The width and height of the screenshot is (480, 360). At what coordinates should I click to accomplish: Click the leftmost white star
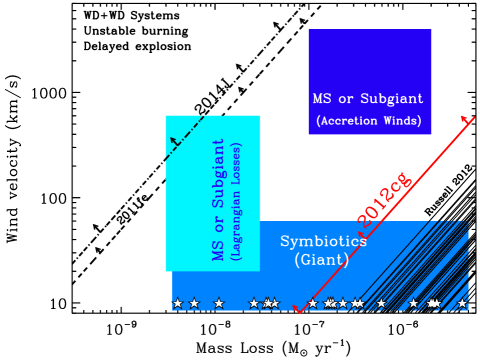click(x=178, y=303)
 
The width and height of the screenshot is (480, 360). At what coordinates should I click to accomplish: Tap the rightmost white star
click(x=462, y=303)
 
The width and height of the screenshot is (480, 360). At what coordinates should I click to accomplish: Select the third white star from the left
click(x=219, y=303)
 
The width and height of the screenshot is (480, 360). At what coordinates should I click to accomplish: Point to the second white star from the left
click(x=194, y=303)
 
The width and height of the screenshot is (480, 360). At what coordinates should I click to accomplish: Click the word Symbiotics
click(x=323, y=241)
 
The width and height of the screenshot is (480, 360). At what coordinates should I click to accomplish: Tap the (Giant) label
click(x=322, y=260)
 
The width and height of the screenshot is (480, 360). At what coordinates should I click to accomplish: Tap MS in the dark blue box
click(x=322, y=99)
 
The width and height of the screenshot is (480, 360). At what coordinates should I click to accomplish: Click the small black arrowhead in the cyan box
click(x=173, y=140)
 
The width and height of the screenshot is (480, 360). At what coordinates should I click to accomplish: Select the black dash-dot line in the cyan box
click(x=187, y=135)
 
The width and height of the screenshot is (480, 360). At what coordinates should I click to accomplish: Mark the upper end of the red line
click(x=467, y=118)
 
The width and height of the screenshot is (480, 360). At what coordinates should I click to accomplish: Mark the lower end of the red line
click(x=297, y=310)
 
